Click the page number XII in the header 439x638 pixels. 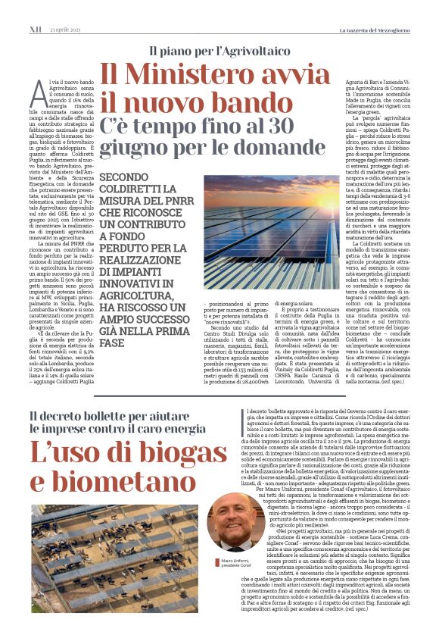point(34,8)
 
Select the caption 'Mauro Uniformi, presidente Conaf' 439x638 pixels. point(232,563)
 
